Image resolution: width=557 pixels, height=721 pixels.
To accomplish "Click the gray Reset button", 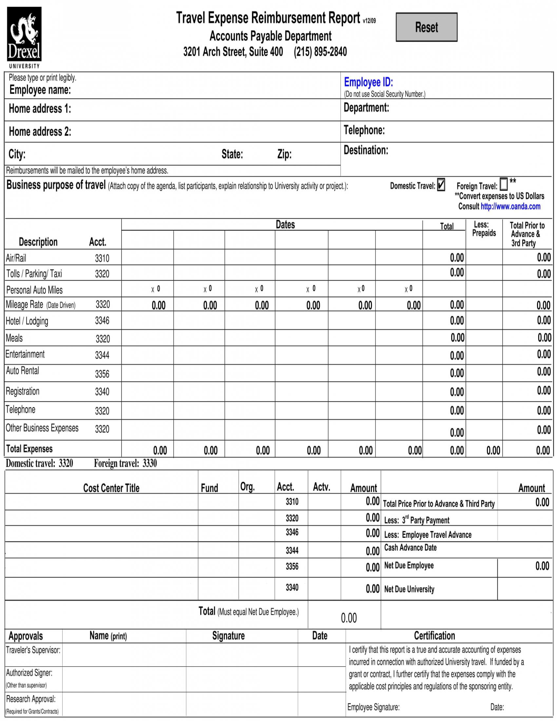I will (426, 27).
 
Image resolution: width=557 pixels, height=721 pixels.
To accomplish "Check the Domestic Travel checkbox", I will (441, 185).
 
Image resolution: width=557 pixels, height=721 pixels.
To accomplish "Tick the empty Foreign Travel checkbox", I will (503, 185).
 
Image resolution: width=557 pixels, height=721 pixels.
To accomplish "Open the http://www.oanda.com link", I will (510, 207).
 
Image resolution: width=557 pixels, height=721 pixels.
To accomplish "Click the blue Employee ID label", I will (368, 82).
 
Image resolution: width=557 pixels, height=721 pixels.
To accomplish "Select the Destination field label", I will (366, 150).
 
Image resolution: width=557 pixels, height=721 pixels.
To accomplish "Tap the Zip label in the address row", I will (284, 154).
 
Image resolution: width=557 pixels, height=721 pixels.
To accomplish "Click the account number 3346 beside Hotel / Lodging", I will (102, 321).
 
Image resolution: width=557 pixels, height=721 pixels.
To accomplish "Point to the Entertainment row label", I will (25, 354).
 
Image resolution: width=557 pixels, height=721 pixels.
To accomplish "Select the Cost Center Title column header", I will (111, 488).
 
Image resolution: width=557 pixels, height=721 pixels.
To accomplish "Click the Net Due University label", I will (409, 589).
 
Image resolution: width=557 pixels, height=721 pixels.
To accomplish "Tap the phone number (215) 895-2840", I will (320, 52).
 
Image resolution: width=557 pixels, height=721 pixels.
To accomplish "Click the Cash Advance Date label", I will (410, 548).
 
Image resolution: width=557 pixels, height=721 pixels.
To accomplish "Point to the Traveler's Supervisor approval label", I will (33, 650).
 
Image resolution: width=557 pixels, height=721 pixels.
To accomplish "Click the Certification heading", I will (434, 635).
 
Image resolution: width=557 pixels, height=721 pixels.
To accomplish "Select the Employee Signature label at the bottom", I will (373, 707).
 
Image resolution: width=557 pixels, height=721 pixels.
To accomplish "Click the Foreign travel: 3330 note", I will (125, 463).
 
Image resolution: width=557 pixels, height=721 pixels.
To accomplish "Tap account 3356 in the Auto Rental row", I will (102, 374).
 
